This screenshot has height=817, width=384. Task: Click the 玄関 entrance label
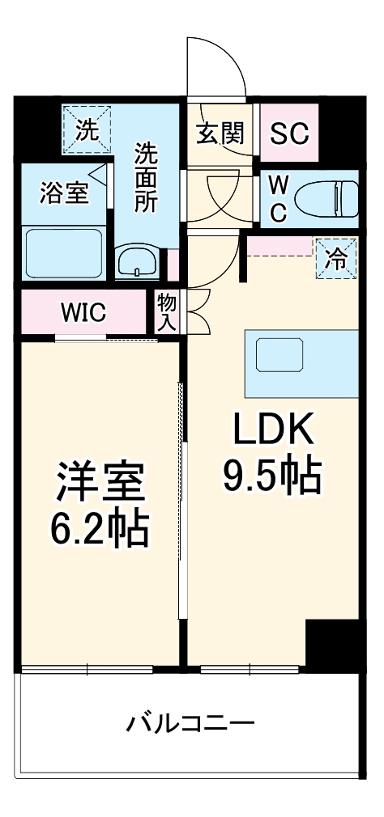click(220, 133)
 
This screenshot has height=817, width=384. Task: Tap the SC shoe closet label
click(289, 133)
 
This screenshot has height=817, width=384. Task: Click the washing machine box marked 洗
click(87, 129)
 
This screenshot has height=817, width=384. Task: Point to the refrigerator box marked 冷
click(335, 259)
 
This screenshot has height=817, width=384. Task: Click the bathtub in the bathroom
click(63, 252)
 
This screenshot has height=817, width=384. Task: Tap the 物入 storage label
click(167, 312)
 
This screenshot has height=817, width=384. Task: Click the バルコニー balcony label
click(190, 722)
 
